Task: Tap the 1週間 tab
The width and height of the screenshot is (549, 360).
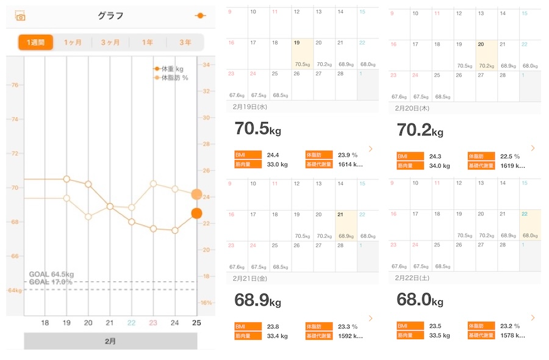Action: click(x=35, y=42)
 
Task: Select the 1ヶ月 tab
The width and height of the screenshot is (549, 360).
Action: click(x=72, y=42)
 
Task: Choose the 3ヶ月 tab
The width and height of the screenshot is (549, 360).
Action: click(x=110, y=42)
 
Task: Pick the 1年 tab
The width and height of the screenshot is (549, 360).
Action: click(x=148, y=42)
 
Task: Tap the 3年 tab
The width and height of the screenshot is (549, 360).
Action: click(x=185, y=42)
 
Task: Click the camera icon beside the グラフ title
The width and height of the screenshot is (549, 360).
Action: click(x=21, y=16)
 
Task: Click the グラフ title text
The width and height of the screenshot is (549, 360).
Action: click(x=110, y=16)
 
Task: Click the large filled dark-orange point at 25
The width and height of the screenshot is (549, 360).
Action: click(x=196, y=213)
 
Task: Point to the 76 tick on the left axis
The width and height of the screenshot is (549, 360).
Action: click(x=14, y=85)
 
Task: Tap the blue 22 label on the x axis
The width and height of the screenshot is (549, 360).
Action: click(x=131, y=322)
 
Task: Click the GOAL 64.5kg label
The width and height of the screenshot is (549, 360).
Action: click(x=51, y=275)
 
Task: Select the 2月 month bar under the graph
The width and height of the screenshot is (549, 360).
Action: click(x=110, y=341)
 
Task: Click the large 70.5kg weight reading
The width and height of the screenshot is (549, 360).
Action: click(x=257, y=130)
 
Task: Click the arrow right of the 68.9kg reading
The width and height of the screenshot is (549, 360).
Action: click(x=370, y=318)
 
